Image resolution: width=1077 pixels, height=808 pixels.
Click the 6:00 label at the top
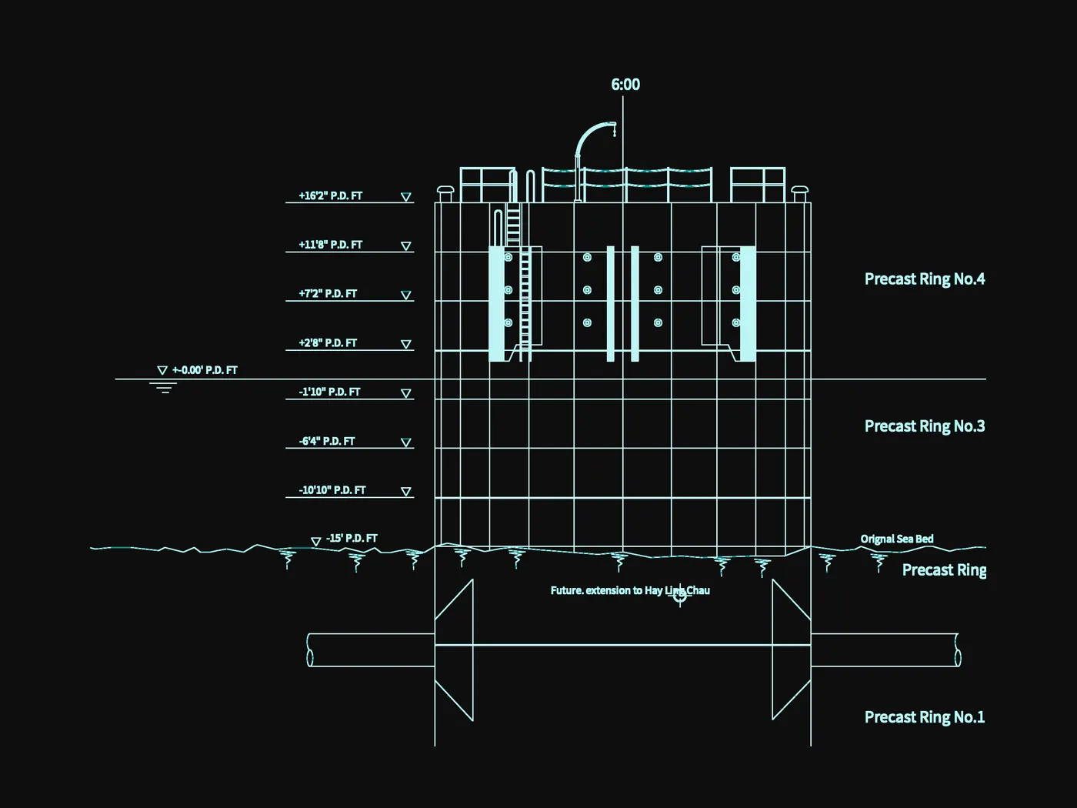[625, 85]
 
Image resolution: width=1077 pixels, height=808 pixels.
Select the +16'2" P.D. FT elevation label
[330, 195]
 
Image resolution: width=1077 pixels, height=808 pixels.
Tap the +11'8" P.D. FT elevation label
[330, 245]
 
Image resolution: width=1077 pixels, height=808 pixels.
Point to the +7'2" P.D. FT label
[327, 294]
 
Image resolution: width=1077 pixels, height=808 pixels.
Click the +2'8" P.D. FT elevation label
[327, 343]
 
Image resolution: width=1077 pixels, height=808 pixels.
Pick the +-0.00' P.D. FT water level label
[205, 370]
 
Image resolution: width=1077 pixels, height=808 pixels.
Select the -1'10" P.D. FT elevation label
[329, 392]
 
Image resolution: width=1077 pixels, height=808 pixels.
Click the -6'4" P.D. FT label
[326, 441]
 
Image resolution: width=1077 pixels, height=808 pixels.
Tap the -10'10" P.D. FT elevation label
[332, 490]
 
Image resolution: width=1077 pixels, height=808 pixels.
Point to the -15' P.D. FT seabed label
[352, 538]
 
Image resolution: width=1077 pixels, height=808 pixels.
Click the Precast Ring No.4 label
[925, 279]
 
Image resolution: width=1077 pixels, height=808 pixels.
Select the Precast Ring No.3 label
[925, 426]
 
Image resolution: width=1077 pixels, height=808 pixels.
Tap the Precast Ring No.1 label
[925, 716]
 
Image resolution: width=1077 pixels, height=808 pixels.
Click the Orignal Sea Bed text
[897, 539]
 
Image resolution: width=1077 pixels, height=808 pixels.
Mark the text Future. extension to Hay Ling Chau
[630, 590]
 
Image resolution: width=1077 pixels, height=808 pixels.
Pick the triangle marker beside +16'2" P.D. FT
[405, 197]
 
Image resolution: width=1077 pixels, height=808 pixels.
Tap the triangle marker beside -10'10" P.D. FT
[405, 491]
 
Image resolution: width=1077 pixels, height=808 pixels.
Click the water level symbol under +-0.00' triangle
[163, 388]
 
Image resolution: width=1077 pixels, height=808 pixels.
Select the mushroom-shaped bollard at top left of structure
[445, 193]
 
